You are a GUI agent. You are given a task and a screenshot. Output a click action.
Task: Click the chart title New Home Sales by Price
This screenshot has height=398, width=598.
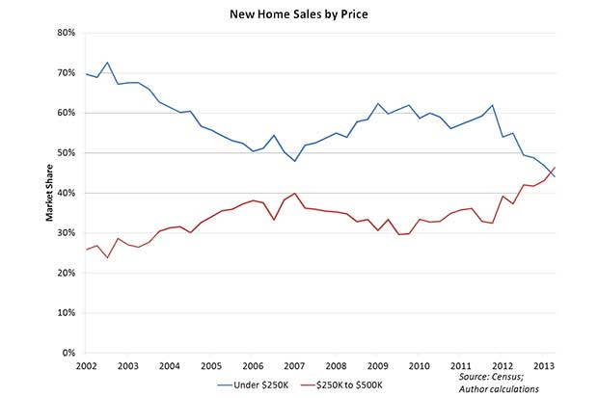click(300, 15)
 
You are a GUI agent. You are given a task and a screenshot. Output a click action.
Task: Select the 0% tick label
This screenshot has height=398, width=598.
click(68, 354)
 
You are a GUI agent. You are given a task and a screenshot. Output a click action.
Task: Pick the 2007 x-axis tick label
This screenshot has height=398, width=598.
click(294, 366)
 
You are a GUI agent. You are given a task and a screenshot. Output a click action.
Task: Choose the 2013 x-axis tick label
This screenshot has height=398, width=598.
click(544, 366)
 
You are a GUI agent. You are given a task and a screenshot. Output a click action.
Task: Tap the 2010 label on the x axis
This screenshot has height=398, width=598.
click(419, 366)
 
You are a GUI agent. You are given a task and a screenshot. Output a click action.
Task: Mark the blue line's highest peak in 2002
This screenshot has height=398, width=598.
click(107, 63)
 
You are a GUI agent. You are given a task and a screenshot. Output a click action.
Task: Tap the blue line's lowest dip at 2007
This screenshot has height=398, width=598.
click(294, 161)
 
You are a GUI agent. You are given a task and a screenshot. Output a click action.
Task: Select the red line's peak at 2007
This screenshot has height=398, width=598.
click(294, 193)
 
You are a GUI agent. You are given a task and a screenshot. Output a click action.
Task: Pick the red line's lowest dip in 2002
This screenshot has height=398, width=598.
click(107, 257)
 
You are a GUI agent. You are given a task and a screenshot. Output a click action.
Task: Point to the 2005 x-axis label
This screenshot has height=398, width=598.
click(211, 366)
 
